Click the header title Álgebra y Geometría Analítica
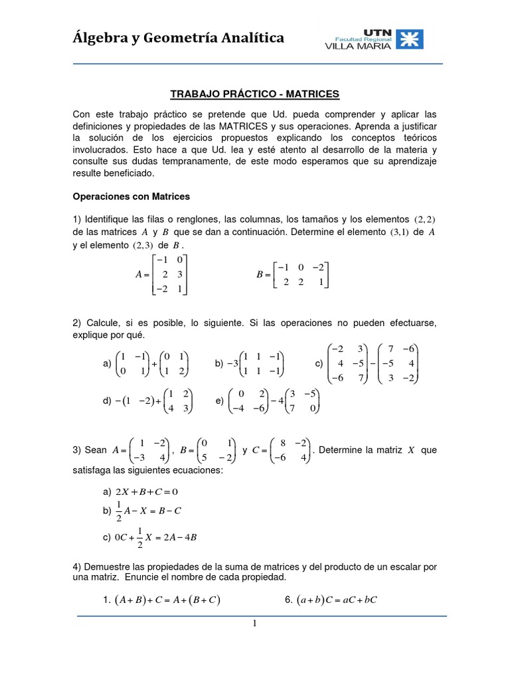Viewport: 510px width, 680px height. (x=179, y=39)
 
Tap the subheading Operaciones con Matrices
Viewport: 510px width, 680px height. (x=131, y=197)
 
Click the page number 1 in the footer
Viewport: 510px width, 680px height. (x=255, y=624)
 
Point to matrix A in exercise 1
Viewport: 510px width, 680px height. (x=170, y=274)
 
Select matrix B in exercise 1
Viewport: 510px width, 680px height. (x=303, y=274)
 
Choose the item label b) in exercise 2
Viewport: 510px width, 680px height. (x=219, y=364)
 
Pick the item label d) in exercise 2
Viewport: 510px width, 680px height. (x=107, y=402)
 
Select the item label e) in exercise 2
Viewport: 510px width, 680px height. (x=219, y=402)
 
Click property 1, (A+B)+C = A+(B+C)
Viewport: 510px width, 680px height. (x=167, y=600)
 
